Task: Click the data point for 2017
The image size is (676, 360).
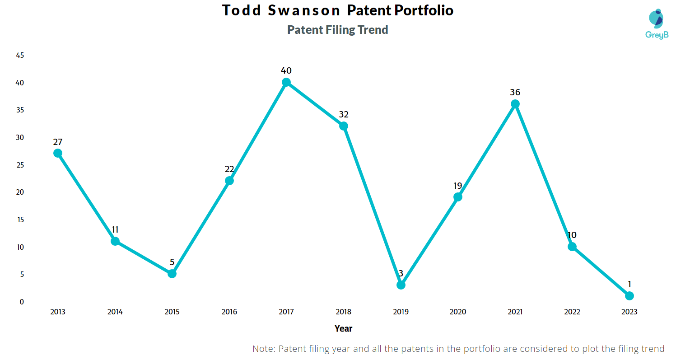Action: [x=286, y=82]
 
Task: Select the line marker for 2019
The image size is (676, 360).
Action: [x=401, y=285]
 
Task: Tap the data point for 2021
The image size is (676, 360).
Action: [x=515, y=104]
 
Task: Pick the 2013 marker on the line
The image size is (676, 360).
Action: [x=58, y=153]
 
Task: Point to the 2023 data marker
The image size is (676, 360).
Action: [x=629, y=296]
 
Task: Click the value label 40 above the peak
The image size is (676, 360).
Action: [x=286, y=70]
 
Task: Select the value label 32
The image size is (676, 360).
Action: [x=344, y=114]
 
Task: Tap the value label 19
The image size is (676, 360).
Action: [x=458, y=185]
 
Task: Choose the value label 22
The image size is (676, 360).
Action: [x=229, y=169]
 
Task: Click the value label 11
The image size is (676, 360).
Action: [x=115, y=229]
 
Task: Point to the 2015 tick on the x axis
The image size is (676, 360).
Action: [x=172, y=312]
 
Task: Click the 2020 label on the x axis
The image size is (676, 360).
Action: [x=458, y=312]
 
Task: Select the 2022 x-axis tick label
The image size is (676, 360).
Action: [x=572, y=312]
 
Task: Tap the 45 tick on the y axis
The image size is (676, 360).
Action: [x=20, y=55]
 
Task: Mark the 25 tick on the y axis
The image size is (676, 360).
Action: [x=20, y=165]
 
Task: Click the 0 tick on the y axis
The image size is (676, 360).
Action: [x=22, y=302]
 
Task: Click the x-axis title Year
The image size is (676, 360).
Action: [x=343, y=328]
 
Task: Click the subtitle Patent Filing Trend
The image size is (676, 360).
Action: [x=338, y=30]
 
